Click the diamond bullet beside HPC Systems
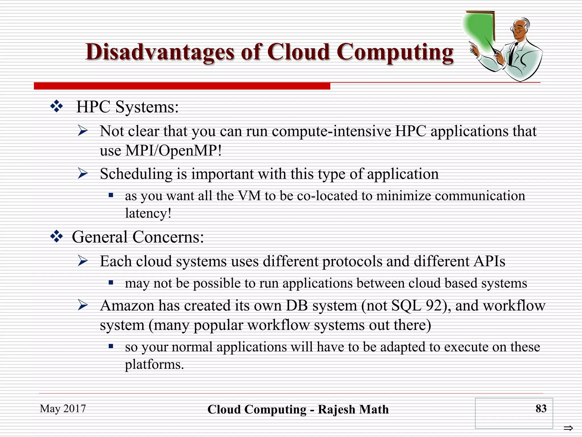(x=57, y=106)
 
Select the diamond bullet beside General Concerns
(x=57, y=236)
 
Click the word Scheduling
(x=136, y=174)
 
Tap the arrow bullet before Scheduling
(x=83, y=173)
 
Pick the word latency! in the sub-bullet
(x=148, y=213)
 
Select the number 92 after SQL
(x=433, y=306)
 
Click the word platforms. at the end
(x=154, y=364)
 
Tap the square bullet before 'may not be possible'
(x=111, y=283)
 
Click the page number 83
(x=541, y=409)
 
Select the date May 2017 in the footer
(x=63, y=409)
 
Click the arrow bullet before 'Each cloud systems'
(x=83, y=261)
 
